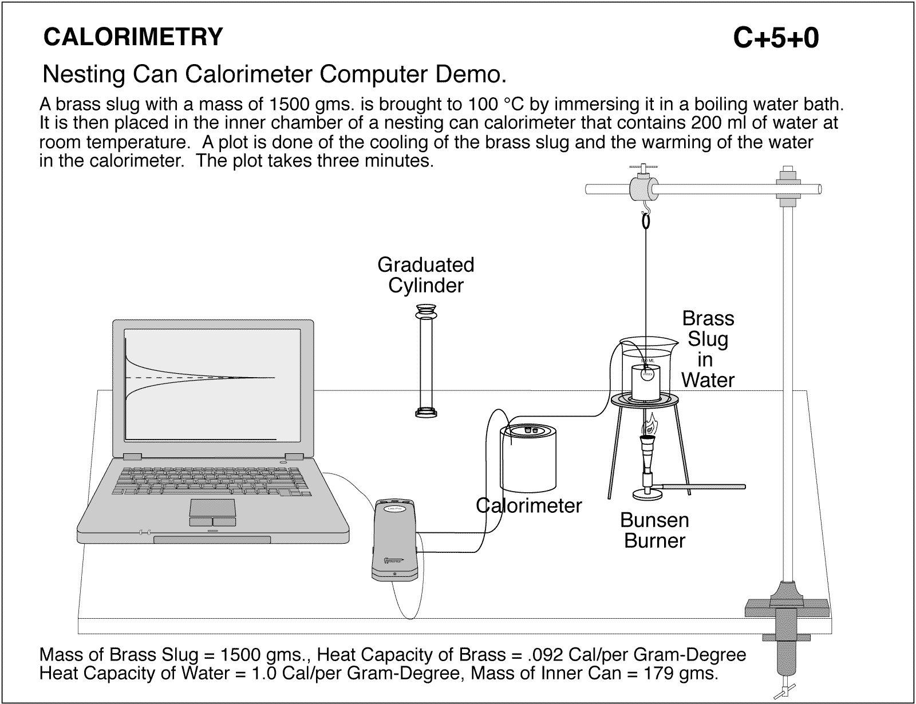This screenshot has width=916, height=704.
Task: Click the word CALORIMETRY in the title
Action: point(133,37)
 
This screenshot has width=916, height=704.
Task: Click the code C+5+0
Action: point(776,38)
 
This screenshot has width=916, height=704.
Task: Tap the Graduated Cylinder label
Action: point(425,275)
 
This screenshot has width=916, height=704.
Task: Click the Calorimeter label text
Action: point(530,505)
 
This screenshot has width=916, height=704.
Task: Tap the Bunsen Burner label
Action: point(654,530)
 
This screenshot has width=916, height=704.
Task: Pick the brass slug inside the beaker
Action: point(645,382)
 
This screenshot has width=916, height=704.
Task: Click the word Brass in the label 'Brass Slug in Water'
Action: point(708,318)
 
